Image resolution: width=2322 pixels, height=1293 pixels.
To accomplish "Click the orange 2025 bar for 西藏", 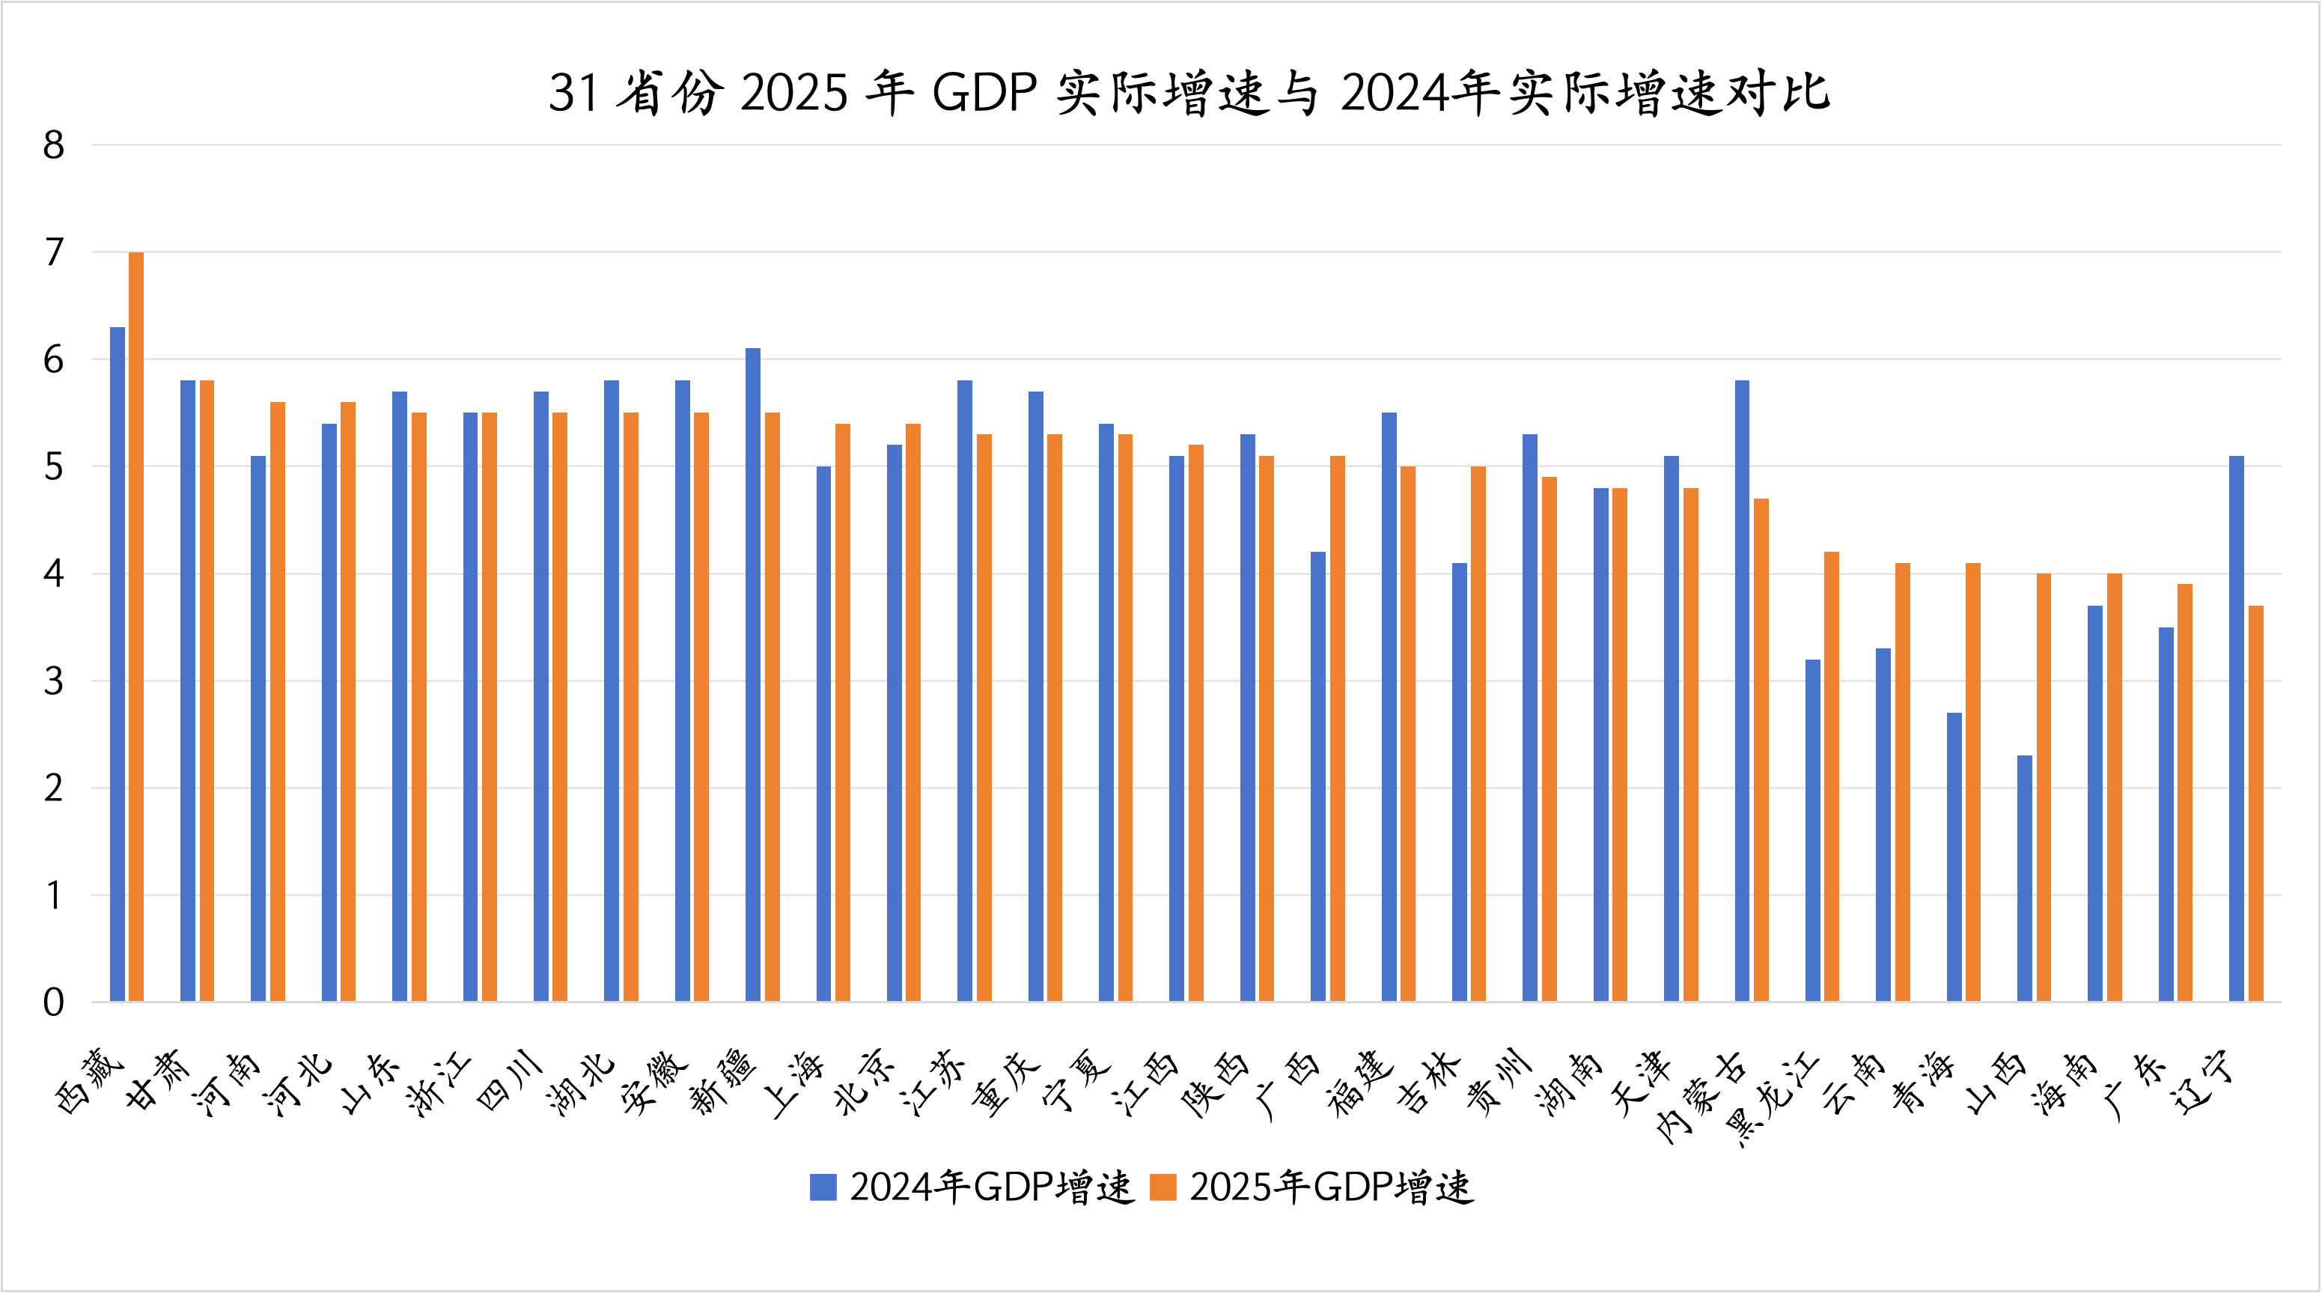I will [136, 627].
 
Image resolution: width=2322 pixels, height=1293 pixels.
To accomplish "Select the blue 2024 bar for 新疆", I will [753, 675].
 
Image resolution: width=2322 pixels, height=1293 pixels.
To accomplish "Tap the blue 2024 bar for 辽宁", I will [2237, 728].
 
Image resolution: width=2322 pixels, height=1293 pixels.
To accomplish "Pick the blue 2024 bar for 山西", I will [2025, 878].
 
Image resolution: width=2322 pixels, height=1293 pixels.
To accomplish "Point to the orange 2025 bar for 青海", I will [1973, 782].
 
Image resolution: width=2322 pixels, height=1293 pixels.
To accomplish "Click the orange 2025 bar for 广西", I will [1338, 728].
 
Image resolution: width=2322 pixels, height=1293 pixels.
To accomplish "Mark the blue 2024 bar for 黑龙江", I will [1813, 830].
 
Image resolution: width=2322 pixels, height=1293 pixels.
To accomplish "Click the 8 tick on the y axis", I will [53, 145].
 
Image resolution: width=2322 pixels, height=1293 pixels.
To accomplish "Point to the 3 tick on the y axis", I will [53, 681].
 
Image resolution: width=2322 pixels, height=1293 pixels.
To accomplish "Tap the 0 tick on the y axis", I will [53, 1003].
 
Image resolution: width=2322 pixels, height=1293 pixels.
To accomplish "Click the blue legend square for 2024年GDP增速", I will [823, 1187].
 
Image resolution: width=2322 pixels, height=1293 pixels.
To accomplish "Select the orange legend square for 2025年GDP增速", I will [1162, 1187].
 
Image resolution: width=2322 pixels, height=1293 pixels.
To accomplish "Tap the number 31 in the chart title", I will [573, 92].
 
